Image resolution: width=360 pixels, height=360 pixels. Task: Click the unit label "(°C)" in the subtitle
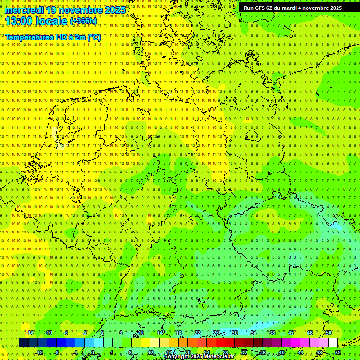click(x=94, y=37)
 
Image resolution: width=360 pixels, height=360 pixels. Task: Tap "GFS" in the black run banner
click(x=261, y=8)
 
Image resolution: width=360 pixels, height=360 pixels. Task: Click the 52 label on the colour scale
click(x=338, y=352)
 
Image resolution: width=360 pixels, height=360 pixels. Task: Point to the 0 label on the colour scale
click(x=93, y=352)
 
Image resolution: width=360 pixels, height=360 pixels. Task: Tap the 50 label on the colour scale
click(x=329, y=333)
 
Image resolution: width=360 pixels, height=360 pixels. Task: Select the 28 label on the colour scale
click(x=225, y=352)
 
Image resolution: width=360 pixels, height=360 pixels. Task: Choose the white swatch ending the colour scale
click(x=333, y=342)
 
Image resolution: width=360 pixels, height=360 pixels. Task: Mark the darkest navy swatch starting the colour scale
click(x=23, y=342)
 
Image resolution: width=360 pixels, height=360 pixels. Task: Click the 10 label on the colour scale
click(x=141, y=333)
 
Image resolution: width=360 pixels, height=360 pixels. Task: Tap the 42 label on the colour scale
click(x=291, y=333)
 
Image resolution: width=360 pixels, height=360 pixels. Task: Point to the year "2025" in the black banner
click(x=335, y=8)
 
